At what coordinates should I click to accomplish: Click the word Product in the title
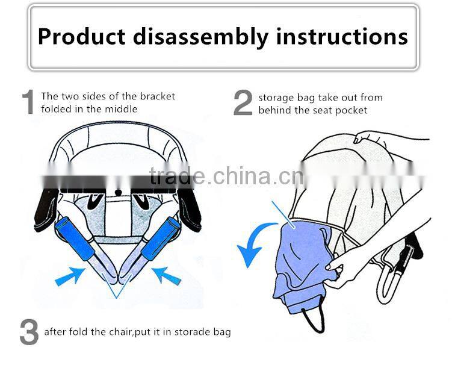pyautogui.click(x=82, y=37)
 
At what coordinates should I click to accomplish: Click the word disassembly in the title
pyautogui.click(x=200, y=37)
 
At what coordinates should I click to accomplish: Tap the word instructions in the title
pyautogui.click(x=342, y=36)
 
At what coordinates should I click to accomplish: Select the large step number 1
pyautogui.click(x=28, y=102)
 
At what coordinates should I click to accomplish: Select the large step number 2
pyautogui.click(x=243, y=102)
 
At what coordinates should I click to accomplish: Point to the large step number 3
pyautogui.click(x=29, y=332)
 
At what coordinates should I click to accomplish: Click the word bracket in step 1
pyautogui.click(x=158, y=96)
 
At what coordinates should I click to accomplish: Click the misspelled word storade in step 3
pyautogui.click(x=192, y=332)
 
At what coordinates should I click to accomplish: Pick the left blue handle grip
pyautogui.click(x=75, y=239)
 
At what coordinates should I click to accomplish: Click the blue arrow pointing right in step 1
pyautogui.click(x=70, y=276)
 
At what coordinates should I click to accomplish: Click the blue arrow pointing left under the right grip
pyautogui.click(x=167, y=276)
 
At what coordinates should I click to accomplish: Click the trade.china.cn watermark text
pyautogui.click(x=226, y=176)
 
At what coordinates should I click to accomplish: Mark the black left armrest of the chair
pyautogui.click(x=46, y=209)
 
